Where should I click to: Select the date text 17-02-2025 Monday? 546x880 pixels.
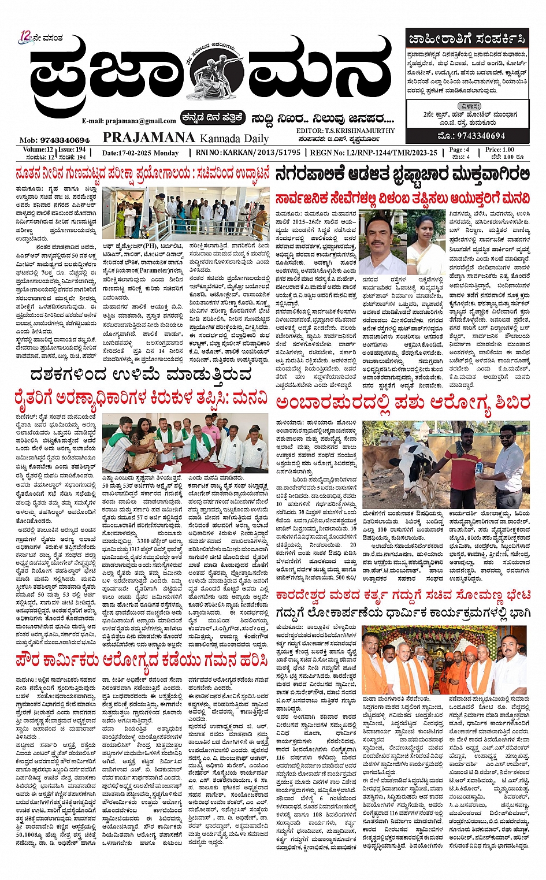point(140,153)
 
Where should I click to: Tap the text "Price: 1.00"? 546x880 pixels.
point(500,149)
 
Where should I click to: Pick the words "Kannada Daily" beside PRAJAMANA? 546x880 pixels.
point(234,138)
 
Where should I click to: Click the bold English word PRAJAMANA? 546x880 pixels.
point(148,138)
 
